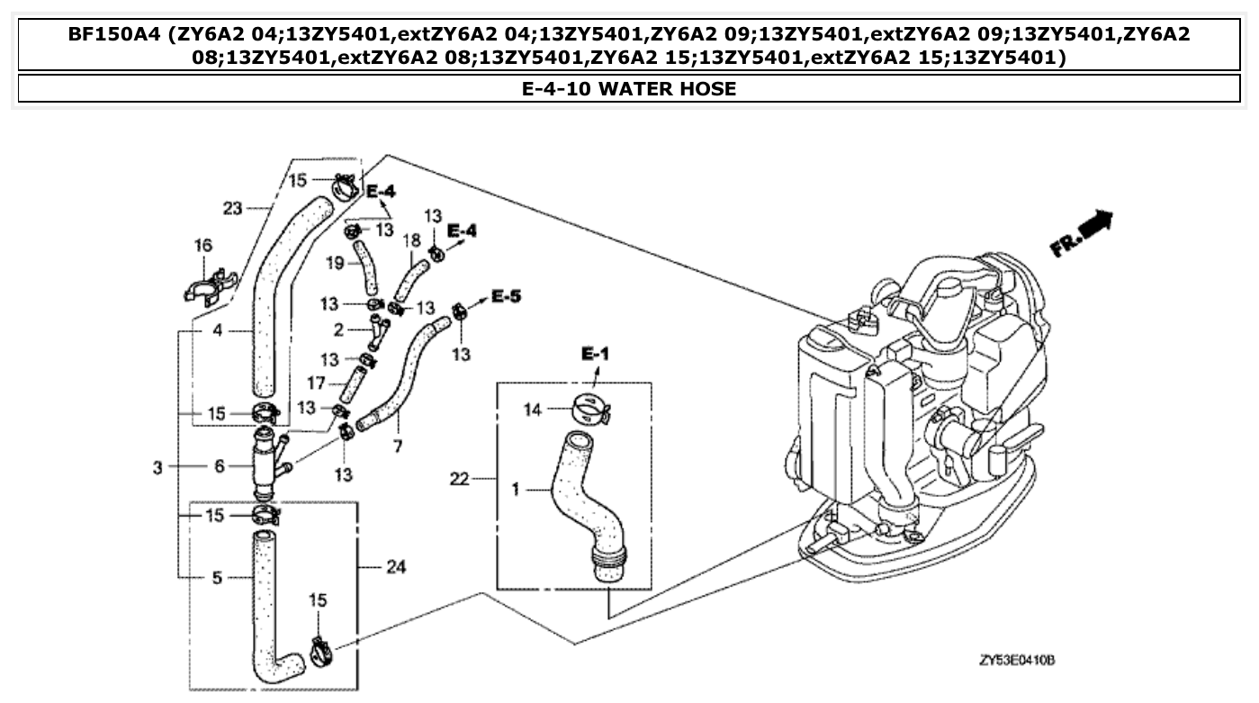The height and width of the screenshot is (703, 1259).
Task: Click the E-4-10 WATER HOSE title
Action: (629, 88)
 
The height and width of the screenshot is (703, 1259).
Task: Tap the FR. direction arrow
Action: (1082, 233)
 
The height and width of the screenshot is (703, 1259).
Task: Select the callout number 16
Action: (203, 245)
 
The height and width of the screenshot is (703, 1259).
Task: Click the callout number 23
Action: (233, 208)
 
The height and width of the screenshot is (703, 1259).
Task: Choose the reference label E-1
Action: (595, 355)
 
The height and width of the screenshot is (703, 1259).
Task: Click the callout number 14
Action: (534, 410)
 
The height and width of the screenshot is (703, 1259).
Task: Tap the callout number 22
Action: (459, 478)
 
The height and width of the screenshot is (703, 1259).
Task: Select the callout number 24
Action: (395, 567)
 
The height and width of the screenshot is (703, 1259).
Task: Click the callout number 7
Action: (396, 447)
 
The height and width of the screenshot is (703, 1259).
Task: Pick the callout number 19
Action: (334, 264)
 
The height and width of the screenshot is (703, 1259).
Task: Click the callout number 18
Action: (411, 240)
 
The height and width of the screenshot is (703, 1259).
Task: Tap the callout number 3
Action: (158, 467)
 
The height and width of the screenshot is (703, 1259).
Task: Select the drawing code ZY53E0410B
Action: (1017, 661)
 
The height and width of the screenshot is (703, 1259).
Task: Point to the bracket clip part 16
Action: (208, 286)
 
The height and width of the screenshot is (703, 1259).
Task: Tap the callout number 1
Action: (516, 490)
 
